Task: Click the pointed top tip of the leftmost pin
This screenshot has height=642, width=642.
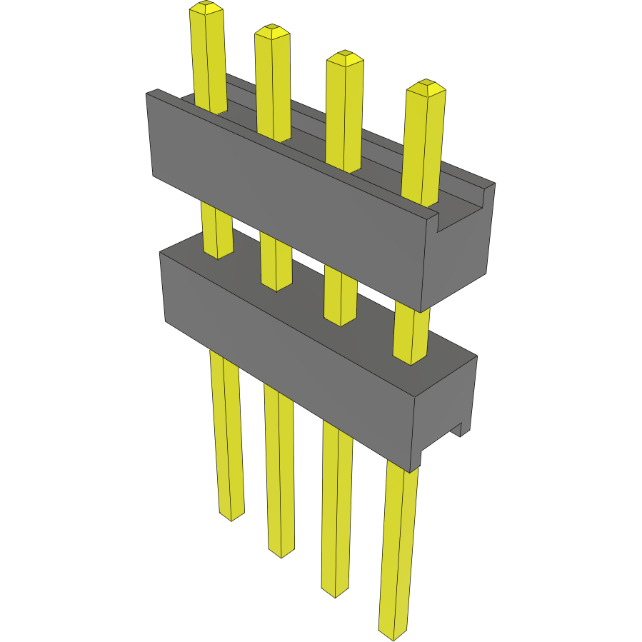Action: (207, 7)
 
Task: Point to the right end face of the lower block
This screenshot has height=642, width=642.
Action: (446, 407)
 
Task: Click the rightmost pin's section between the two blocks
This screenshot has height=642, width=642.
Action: (412, 332)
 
